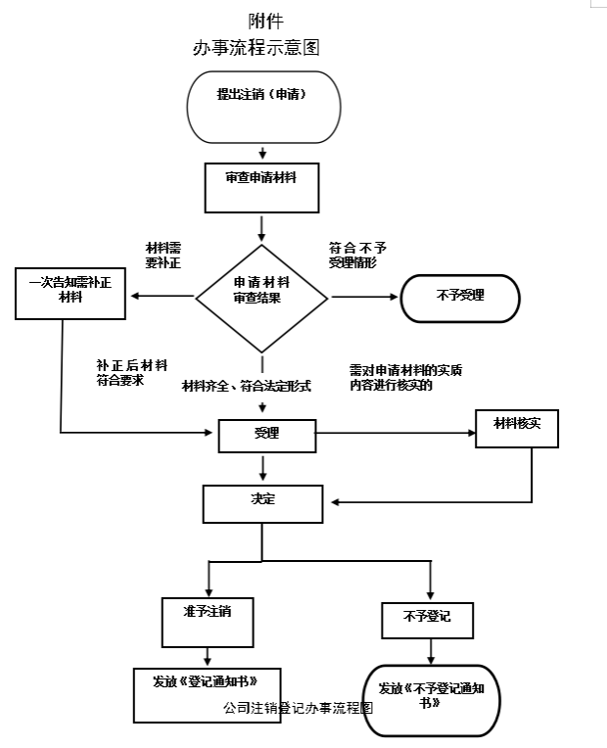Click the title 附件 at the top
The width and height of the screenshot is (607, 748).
point(265,21)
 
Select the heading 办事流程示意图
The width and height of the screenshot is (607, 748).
point(257,48)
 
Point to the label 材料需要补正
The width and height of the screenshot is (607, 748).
point(163,256)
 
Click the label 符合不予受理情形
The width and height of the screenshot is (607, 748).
point(357,256)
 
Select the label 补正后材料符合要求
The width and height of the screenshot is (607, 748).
point(132,373)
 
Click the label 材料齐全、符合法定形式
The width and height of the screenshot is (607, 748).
point(247,386)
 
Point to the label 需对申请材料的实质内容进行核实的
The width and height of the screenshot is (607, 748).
point(405,377)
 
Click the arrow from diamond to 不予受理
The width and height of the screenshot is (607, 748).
point(364,297)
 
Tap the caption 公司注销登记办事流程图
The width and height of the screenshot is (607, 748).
point(298,708)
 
